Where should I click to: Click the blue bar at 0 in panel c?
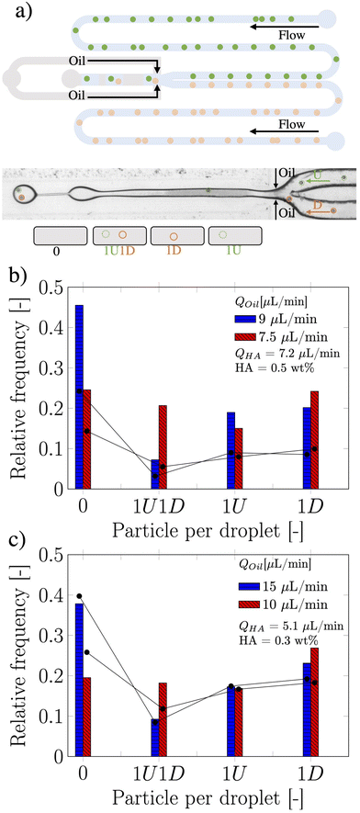coord(79,679)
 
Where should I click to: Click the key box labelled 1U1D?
coord(118,236)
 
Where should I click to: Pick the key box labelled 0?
coord(61,236)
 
